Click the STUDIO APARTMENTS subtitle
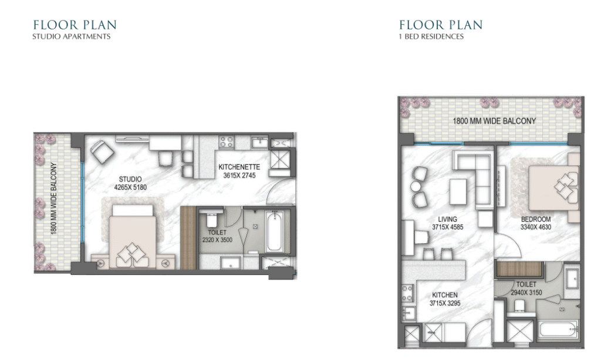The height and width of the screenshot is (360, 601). pos(71,36)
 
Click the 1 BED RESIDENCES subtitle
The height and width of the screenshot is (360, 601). pos(431,36)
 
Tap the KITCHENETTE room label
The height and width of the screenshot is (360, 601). pos(239,167)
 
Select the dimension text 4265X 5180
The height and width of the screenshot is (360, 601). pos(130,187)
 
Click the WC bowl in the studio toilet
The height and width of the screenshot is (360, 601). pos(211,219)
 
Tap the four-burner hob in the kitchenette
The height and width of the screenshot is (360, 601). pos(226,142)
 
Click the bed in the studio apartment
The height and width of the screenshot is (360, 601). pos(133,236)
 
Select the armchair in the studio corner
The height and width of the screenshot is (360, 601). pos(102,152)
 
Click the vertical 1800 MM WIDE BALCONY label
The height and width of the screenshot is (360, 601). pos(53,198)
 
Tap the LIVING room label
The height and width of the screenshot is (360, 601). pos(447,219)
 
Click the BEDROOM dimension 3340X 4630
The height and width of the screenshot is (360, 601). pos(536,227)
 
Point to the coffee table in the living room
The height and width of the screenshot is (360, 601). pos(458,191)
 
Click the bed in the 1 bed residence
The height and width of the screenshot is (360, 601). pos(554,188)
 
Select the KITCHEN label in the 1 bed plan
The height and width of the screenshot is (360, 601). pos(445,295)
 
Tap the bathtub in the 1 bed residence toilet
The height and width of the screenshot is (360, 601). pos(558,329)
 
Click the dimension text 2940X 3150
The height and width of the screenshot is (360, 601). pos(526,292)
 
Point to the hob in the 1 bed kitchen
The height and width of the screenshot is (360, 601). pos(407,293)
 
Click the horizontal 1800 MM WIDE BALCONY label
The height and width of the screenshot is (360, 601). pos(494,121)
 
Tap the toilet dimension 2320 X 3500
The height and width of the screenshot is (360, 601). pos(217,240)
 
